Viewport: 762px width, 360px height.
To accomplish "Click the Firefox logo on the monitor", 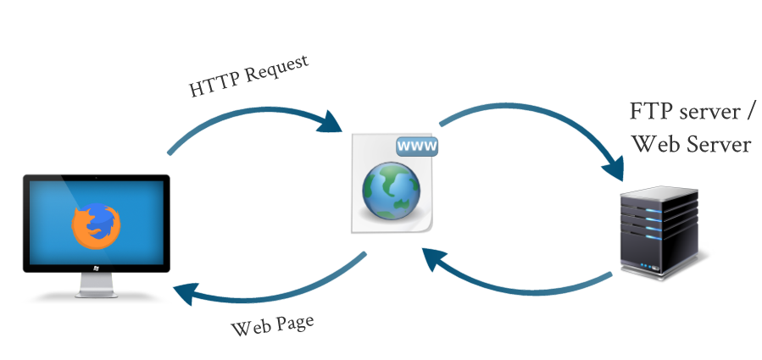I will coord(95,224).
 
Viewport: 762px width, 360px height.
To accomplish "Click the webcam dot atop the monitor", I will coord(96,179).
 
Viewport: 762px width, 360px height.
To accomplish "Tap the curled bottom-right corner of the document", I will coord(429,225).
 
